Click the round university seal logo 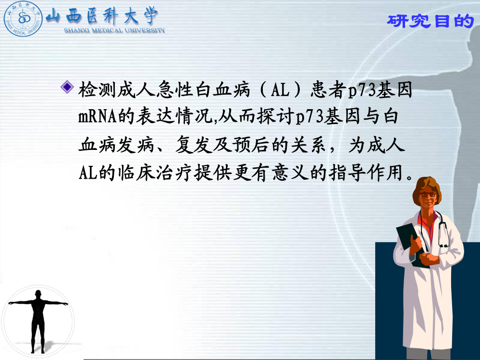(x=23, y=19)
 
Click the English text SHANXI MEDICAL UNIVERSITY (x=114, y=30)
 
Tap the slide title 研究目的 (x=431, y=21)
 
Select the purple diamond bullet (x=67, y=87)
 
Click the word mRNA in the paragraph (x=98, y=117)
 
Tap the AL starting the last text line (x=88, y=173)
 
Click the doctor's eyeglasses (x=428, y=194)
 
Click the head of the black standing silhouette (x=38, y=294)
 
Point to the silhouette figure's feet (x=37, y=351)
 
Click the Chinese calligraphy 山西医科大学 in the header (x=102, y=16)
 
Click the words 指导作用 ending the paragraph (x=366, y=173)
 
